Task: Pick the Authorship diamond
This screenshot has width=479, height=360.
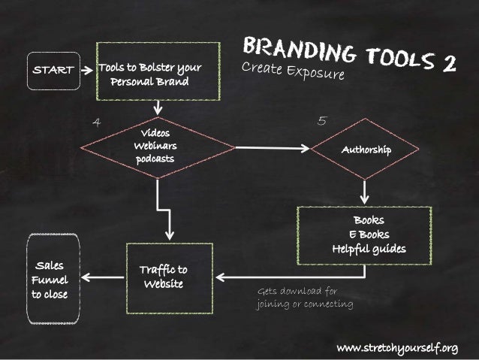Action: pyautogui.click(x=366, y=150)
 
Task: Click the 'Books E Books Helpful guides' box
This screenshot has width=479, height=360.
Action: pyautogui.click(x=365, y=234)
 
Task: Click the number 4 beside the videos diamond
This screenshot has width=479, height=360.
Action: pyautogui.click(x=96, y=121)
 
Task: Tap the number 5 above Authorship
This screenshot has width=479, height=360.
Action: pyautogui.click(x=321, y=119)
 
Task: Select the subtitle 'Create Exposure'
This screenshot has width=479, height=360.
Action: pyautogui.click(x=293, y=71)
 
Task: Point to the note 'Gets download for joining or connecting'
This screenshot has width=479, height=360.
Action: pyautogui.click(x=304, y=298)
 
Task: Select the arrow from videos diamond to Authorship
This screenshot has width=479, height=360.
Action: pyautogui.click(x=271, y=149)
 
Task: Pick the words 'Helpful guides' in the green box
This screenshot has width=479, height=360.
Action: pyautogui.click(x=369, y=249)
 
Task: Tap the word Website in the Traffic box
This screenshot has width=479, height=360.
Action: pyautogui.click(x=163, y=284)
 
